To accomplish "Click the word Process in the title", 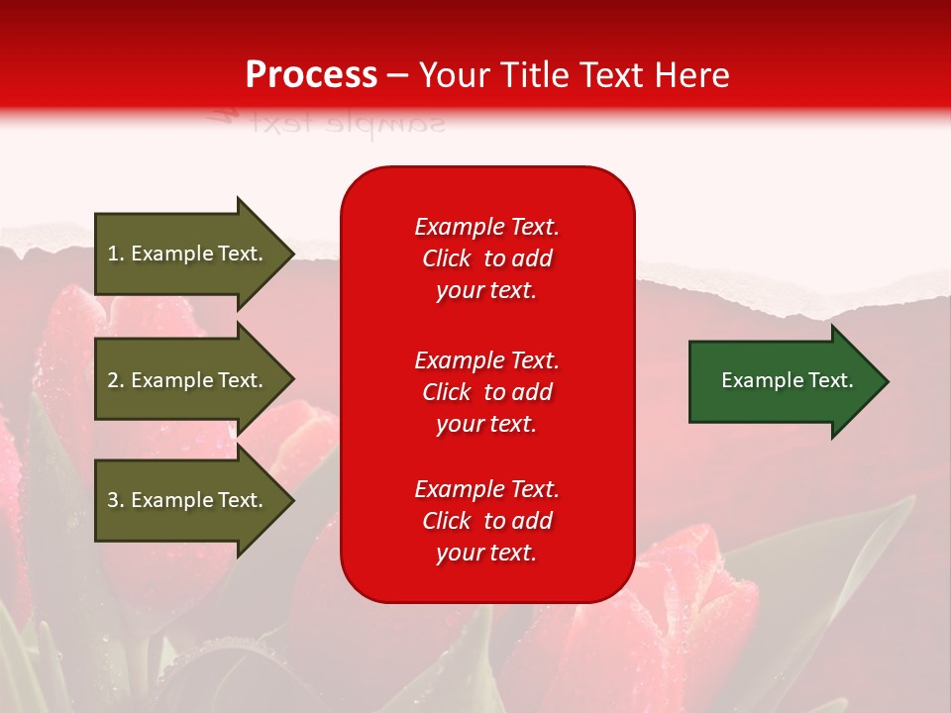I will pyautogui.click(x=311, y=75).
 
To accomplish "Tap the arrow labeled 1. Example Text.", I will pyautogui.click(x=188, y=254).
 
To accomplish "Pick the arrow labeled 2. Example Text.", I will pyautogui.click(x=188, y=380).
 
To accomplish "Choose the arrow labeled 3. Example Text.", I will pyautogui.click(x=188, y=500).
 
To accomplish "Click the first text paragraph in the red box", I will pyautogui.click(x=486, y=258).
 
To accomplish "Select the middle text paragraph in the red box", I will pyautogui.click(x=486, y=392).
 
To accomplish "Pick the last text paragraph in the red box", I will pyautogui.click(x=486, y=521).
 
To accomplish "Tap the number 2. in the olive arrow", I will pyautogui.click(x=116, y=380).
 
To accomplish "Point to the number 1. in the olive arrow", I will pyautogui.click(x=116, y=254).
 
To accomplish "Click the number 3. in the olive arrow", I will pyautogui.click(x=116, y=500).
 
